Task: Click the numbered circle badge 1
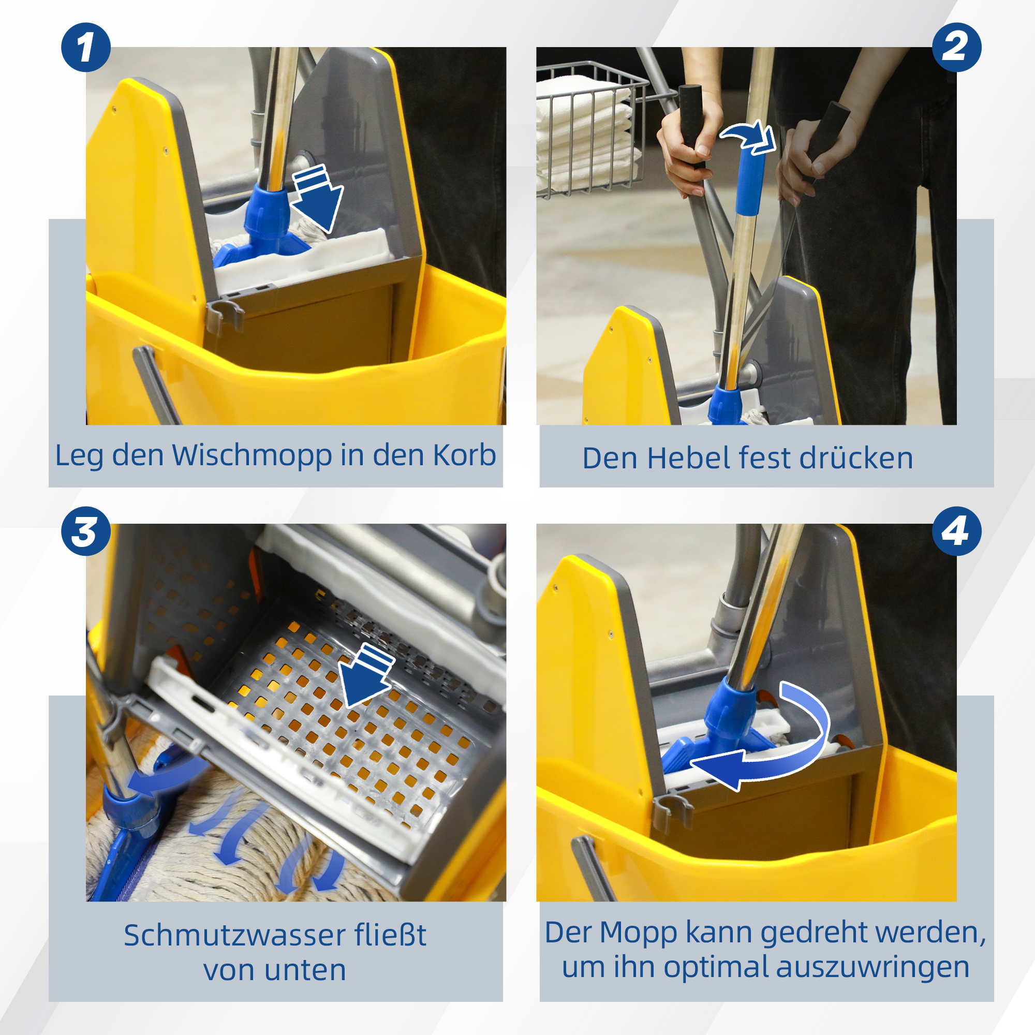coord(86,47)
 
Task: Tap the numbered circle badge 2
coord(957,47)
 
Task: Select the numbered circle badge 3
coord(86,531)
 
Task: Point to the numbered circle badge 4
coord(957,531)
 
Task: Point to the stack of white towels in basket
coord(584,134)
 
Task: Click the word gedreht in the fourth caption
coord(814,933)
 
